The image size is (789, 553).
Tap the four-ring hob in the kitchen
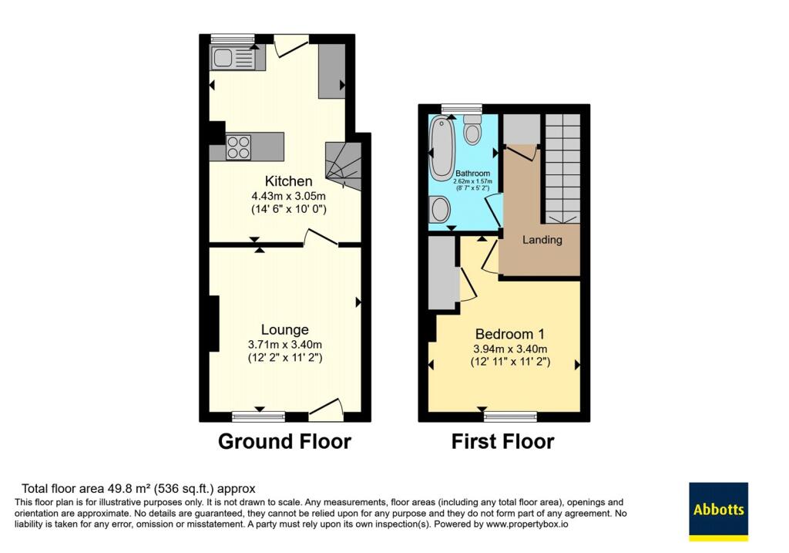[239, 147]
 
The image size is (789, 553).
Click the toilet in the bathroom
[472, 130]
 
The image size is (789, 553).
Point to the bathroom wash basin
[440, 209]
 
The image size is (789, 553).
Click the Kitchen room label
[289, 181]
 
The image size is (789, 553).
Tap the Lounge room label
[285, 330]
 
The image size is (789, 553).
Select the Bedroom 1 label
[510, 334]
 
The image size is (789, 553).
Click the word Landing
[542, 240]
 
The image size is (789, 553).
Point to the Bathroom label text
[472, 174]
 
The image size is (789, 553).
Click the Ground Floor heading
[284, 442]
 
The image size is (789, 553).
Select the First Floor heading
[502, 442]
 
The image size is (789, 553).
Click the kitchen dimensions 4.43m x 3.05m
[289, 196]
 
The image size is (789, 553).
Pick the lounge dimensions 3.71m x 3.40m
[285, 345]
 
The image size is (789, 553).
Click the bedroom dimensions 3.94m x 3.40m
[510, 349]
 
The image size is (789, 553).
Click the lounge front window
[259, 416]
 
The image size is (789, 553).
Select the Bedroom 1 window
[510, 416]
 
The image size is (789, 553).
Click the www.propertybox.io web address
[527, 524]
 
